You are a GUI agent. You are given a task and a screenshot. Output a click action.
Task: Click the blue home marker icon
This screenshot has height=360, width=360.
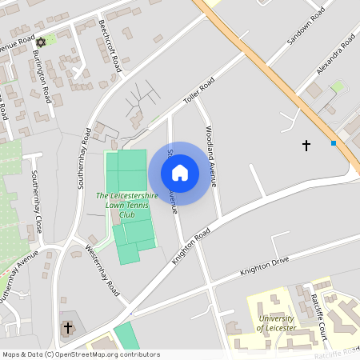[x=180, y=173]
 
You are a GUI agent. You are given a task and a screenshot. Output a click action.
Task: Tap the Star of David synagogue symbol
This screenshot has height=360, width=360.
[x=41, y=41]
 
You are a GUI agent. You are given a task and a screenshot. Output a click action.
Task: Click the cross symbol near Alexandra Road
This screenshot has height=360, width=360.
[x=306, y=145]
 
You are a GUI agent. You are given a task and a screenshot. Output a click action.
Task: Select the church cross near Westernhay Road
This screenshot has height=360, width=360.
[x=68, y=328]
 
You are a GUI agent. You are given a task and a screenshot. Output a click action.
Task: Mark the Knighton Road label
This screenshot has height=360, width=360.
[x=191, y=245]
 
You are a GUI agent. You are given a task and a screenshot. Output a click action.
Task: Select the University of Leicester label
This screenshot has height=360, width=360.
[x=277, y=323]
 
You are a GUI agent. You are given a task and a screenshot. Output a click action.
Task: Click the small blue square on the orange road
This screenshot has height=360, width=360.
[x=334, y=142]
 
